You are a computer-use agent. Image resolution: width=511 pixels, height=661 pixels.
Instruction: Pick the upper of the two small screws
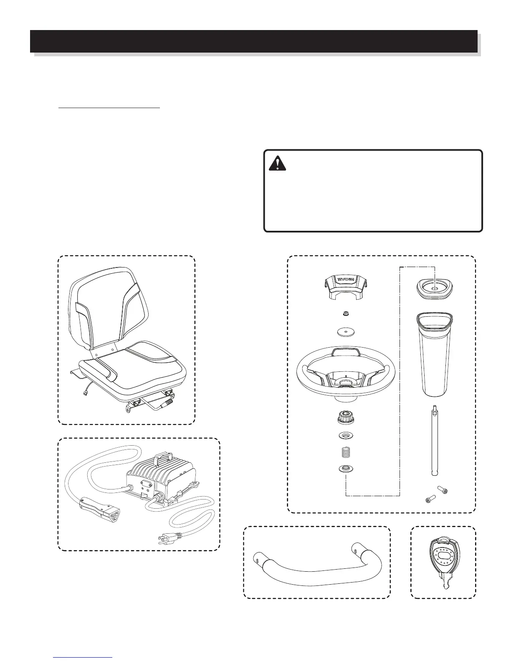tap(443, 488)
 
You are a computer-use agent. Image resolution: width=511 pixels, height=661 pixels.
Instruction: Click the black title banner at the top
tap(253, 41)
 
